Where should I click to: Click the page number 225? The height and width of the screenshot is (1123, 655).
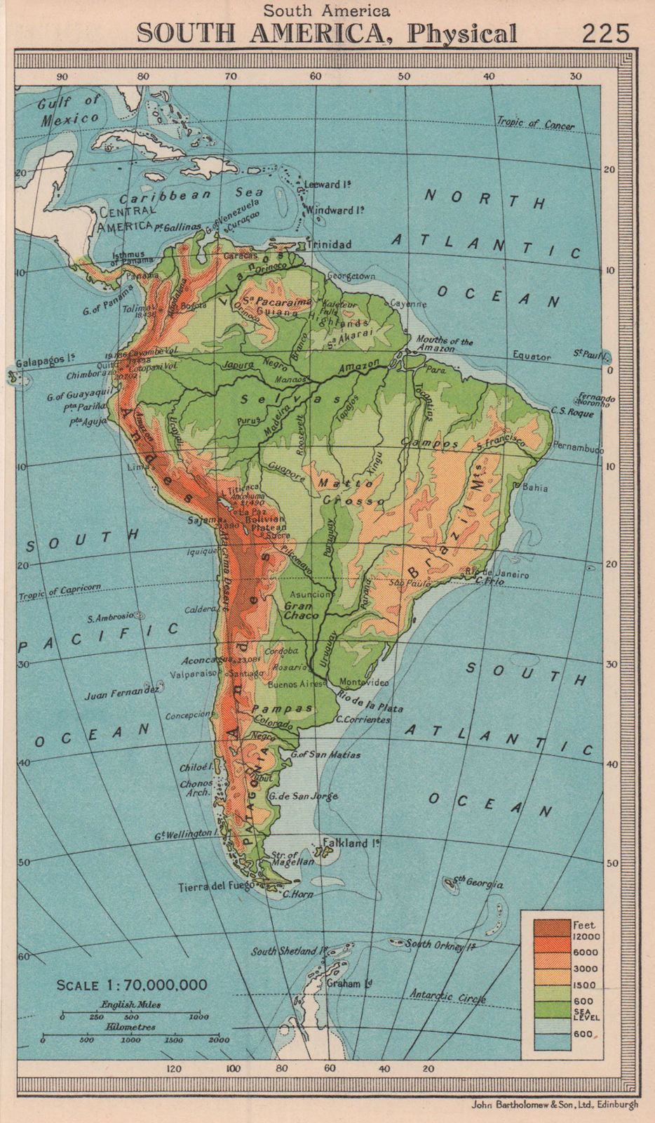pyautogui.click(x=605, y=33)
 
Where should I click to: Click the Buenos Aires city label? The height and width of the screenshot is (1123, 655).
pyautogui.click(x=295, y=684)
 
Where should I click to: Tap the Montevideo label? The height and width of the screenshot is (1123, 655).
pyautogui.click(x=363, y=682)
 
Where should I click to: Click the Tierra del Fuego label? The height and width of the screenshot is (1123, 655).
pyautogui.click(x=215, y=886)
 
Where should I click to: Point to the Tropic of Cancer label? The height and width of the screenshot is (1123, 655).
pyautogui.click(x=536, y=124)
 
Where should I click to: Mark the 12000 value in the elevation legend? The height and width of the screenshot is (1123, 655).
pyautogui.click(x=587, y=936)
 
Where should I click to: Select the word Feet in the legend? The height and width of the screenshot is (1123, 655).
pyautogui.click(x=583, y=924)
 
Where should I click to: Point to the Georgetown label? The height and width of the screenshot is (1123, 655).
pyautogui.click(x=351, y=276)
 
